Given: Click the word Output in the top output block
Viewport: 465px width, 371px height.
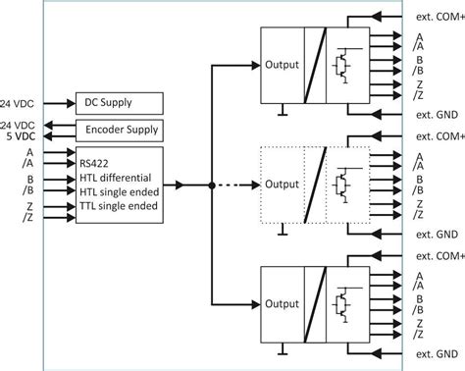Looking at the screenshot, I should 282,66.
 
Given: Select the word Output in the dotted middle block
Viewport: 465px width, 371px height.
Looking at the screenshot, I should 282,184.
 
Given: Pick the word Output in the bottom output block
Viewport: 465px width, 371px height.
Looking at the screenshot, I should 282,302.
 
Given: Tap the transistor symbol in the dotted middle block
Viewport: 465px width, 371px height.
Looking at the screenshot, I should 343,185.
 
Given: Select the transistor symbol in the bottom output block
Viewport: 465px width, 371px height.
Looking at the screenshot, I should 343,302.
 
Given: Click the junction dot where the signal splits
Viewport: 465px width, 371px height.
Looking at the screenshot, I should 211,185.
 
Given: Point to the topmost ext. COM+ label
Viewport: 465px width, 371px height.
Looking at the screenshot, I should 438,18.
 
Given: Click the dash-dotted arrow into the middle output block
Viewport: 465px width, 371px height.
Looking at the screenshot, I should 235,185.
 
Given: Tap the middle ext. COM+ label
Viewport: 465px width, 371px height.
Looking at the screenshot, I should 438,135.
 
